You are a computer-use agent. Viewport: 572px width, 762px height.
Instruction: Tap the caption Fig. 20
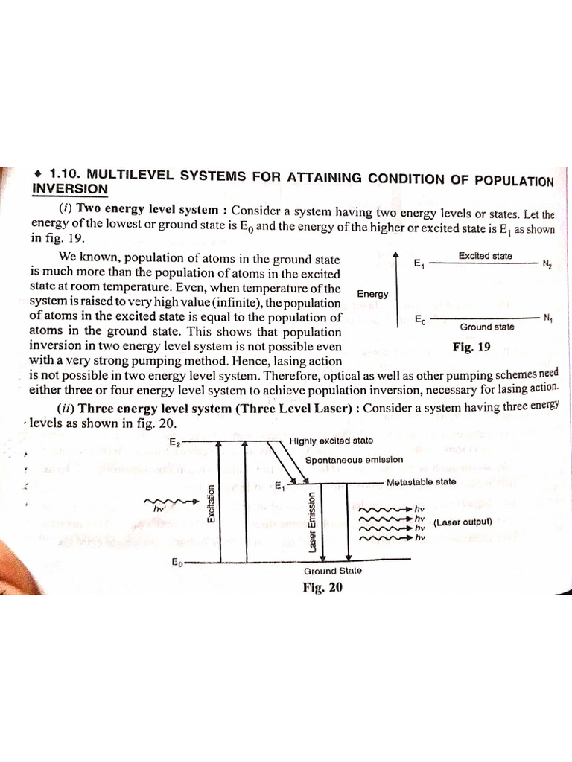coord(322,586)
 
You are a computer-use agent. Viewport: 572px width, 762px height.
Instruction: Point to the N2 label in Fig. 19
coord(547,264)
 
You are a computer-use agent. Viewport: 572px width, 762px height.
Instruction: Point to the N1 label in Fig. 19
coord(547,318)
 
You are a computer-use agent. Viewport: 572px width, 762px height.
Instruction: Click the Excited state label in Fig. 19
coord(485,256)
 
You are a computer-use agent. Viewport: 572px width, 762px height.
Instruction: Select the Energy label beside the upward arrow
coord(372,294)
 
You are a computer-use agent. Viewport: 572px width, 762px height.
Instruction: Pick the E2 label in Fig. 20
coord(176,441)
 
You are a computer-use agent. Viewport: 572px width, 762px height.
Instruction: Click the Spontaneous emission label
coord(354,460)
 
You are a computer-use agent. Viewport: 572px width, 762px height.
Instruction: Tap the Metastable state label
coord(421,482)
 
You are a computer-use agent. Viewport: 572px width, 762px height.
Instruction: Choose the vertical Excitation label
coord(212,503)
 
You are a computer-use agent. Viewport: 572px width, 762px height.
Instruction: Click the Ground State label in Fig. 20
coord(332,571)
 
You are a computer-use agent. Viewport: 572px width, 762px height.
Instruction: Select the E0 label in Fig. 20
coord(177,562)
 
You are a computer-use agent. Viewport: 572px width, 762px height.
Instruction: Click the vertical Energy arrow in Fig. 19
coord(395,286)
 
